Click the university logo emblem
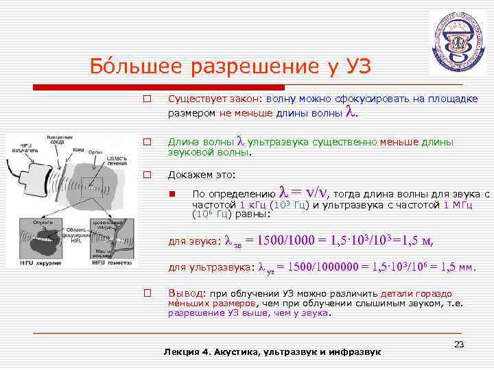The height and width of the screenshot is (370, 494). (x=458, y=43)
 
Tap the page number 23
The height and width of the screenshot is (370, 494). (x=459, y=344)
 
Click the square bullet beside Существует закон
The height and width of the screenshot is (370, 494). (x=146, y=99)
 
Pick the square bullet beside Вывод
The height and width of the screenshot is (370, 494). (x=146, y=293)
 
